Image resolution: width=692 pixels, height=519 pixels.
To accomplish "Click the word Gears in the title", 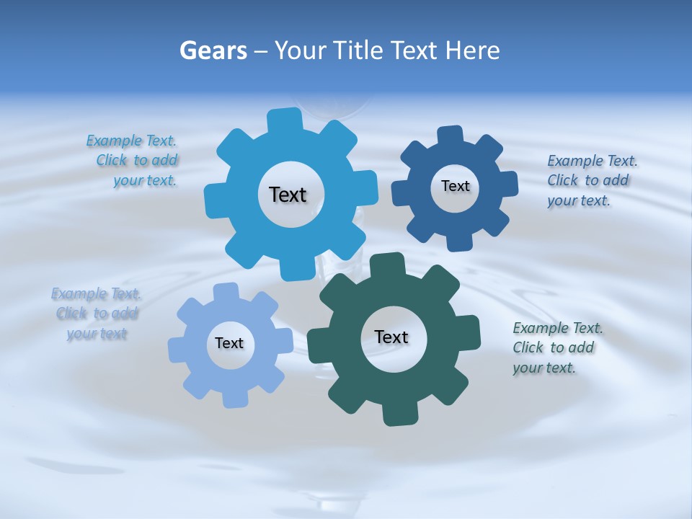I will click(x=213, y=50).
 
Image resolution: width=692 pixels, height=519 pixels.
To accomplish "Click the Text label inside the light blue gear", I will click(x=229, y=344).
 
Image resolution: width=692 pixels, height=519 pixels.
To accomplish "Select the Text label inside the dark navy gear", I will click(x=455, y=187).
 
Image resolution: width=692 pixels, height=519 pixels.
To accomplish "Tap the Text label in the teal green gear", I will click(x=391, y=337).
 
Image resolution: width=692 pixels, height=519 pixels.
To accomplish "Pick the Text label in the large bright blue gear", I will click(x=288, y=195).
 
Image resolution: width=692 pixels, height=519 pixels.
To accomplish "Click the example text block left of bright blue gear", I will click(x=133, y=161).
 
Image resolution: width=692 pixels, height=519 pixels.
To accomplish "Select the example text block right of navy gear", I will click(x=592, y=181).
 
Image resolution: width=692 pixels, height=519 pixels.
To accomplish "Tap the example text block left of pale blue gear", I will click(x=96, y=314).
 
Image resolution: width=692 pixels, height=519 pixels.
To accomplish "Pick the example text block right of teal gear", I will click(x=557, y=348).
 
